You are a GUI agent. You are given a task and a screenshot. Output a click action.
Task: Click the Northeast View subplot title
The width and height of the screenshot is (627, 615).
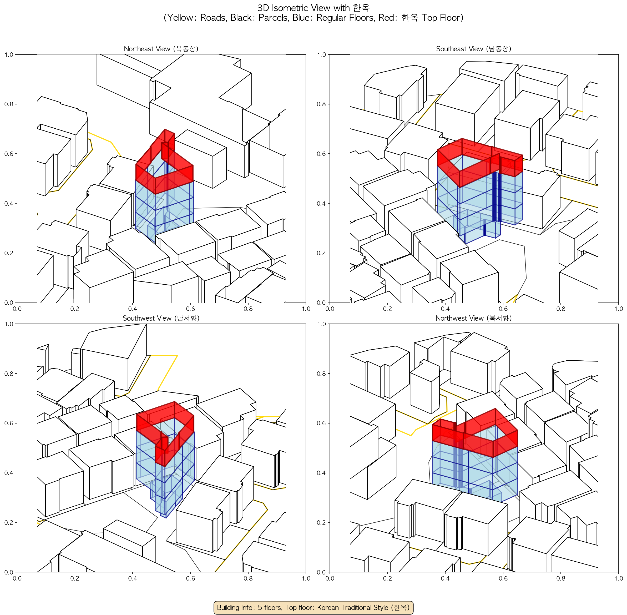tap(161, 49)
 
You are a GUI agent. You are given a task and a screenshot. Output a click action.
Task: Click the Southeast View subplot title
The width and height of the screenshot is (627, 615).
tap(474, 49)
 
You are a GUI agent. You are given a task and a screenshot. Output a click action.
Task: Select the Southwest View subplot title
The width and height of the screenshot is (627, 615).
tap(161, 318)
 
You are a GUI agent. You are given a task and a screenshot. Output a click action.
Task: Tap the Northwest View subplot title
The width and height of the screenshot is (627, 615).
tap(474, 318)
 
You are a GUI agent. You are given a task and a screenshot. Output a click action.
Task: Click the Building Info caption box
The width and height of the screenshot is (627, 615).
tap(313, 607)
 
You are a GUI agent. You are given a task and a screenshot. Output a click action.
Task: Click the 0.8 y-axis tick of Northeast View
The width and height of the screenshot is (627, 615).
tap(9, 104)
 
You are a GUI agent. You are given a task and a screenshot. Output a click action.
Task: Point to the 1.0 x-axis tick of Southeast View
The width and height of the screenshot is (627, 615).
tap(618, 309)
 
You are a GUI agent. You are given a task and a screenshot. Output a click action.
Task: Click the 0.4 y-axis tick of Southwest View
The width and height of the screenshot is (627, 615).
tap(9, 473)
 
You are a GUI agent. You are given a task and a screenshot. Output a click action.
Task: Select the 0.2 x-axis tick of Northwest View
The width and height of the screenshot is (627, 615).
tap(387, 578)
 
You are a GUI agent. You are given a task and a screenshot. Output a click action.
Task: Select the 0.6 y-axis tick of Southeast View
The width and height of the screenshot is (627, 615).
tap(321, 154)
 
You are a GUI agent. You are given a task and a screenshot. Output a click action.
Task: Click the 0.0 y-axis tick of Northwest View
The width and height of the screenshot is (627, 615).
tap(321, 572)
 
